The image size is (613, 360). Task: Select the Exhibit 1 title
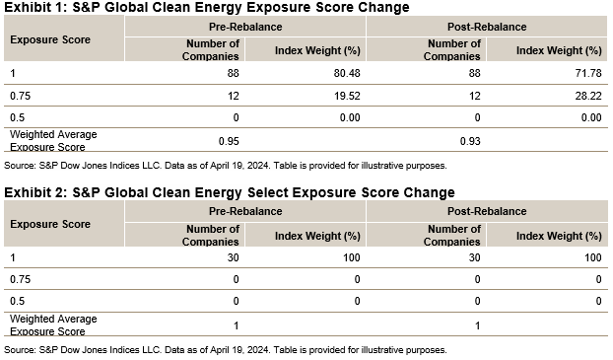[207, 8]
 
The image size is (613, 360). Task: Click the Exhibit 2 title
[230, 191]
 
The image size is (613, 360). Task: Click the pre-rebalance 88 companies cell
[233, 74]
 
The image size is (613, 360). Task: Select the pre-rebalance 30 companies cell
[233, 257]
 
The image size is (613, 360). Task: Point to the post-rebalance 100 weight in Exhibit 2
[592, 257]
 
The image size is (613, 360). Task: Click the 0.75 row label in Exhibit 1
[18, 96]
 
